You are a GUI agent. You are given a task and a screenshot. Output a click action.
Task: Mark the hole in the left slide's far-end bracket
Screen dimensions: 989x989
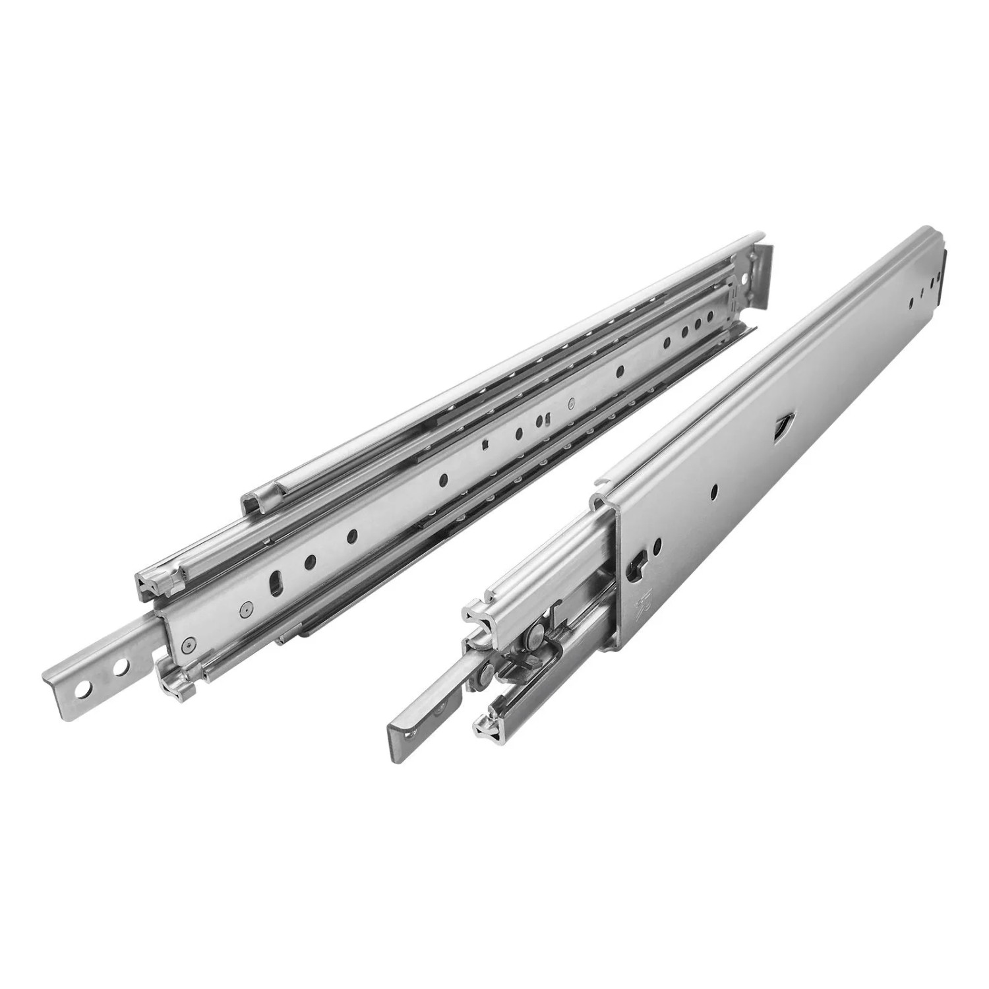[x=744, y=280]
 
